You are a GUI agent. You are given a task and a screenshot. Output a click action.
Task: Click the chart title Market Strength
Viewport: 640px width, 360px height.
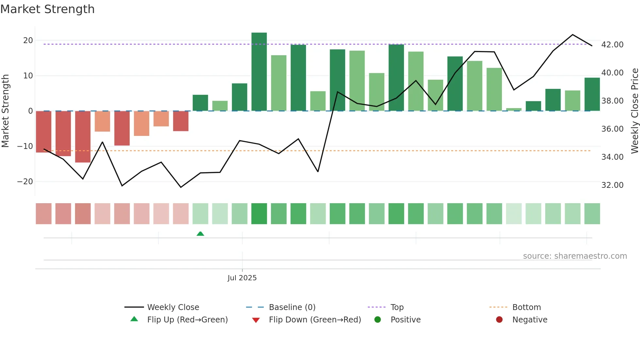click(x=47, y=9)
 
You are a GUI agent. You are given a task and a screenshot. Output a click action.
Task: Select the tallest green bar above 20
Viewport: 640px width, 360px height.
click(x=259, y=72)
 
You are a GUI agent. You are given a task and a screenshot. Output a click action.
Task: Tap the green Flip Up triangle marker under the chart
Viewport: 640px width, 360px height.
click(x=200, y=234)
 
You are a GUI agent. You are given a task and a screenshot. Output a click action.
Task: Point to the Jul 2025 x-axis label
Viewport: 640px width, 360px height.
click(x=242, y=278)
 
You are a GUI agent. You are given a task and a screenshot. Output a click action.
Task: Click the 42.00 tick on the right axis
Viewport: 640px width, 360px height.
click(x=612, y=45)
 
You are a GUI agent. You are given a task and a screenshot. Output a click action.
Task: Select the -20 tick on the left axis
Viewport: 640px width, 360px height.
click(x=25, y=182)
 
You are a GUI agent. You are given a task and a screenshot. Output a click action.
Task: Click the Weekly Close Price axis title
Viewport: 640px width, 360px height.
click(x=634, y=111)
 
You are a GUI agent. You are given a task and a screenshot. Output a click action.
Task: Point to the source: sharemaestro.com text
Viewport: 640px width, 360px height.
click(x=575, y=256)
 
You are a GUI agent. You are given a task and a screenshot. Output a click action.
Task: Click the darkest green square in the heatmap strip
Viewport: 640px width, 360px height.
click(x=259, y=214)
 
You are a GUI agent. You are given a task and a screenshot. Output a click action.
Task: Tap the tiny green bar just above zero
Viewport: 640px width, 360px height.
click(x=514, y=109)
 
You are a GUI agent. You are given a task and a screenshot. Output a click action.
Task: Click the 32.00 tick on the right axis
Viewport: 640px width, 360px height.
click(x=612, y=185)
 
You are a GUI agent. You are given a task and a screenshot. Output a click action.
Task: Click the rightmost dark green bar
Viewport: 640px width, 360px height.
click(x=592, y=94)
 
